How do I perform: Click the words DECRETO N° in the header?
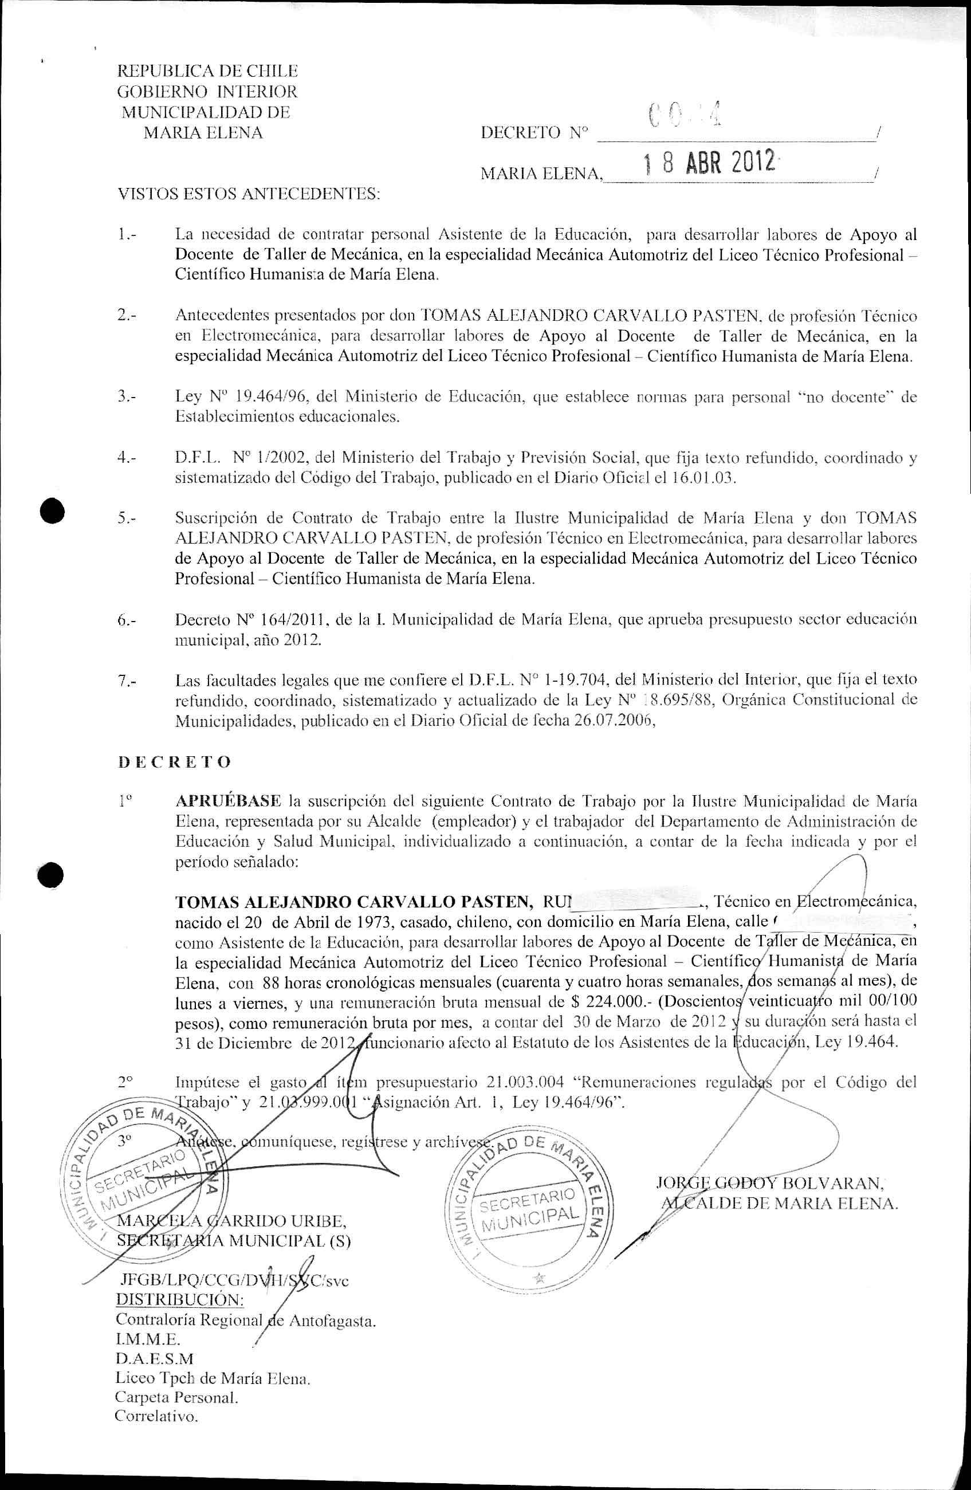(x=534, y=133)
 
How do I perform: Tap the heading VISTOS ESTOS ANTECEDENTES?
(x=249, y=194)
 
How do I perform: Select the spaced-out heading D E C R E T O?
(x=175, y=762)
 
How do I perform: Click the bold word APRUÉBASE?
(x=228, y=801)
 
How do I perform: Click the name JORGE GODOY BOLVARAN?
(x=769, y=1182)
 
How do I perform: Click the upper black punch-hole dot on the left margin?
(x=53, y=512)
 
